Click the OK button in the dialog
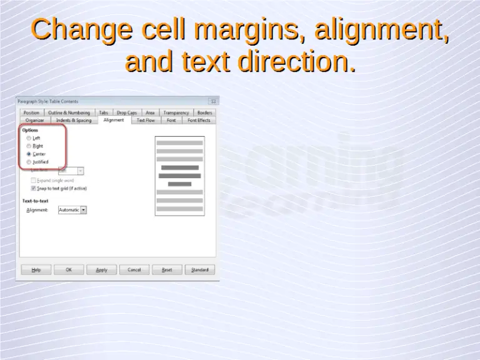coord(69,270)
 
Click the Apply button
coord(101,270)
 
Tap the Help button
coord(36,270)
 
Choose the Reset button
coord(167,270)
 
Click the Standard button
coord(199,270)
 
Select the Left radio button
coord(29,138)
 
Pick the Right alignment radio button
coord(29,146)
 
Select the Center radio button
coord(29,154)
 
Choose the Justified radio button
coord(29,162)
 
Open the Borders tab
coord(204,112)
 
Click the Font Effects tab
coord(199,120)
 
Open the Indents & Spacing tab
coord(73,120)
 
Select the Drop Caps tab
coord(127,112)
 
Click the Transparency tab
coord(176,112)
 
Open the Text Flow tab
coord(146,120)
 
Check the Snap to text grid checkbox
coord(33,187)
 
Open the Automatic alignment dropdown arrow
coord(84,210)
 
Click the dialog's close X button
coord(213,101)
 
